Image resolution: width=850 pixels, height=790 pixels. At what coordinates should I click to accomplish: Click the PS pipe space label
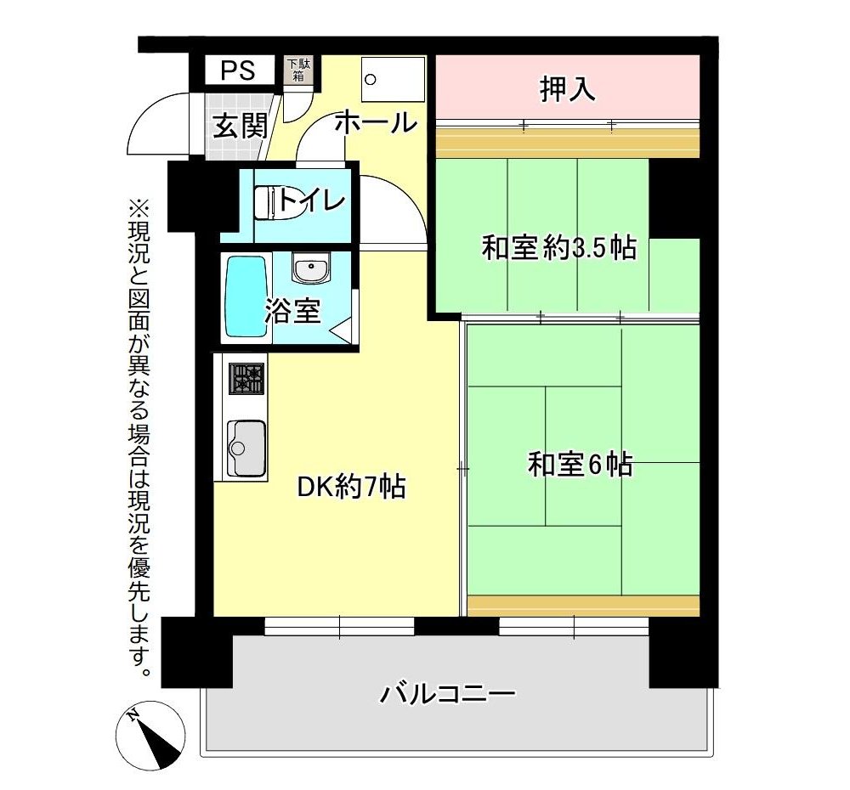[x=238, y=71]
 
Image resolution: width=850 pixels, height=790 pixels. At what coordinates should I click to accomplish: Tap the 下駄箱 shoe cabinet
[x=298, y=70]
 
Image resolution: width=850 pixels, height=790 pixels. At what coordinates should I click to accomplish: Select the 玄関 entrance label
[x=240, y=127]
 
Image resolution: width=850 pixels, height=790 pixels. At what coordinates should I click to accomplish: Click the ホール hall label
[x=377, y=122]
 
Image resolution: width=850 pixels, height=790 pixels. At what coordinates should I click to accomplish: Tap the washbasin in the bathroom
[x=310, y=267]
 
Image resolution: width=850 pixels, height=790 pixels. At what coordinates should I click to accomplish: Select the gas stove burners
[x=246, y=378]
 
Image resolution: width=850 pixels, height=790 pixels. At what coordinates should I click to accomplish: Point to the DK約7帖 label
[x=351, y=486]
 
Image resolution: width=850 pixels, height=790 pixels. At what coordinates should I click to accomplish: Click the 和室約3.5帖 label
[x=559, y=248]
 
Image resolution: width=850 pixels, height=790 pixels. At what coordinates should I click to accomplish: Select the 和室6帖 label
[x=580, y=465]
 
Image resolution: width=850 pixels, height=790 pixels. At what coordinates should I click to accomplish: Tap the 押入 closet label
[x=567, y=89]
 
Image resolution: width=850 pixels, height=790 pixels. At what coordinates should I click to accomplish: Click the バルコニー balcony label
[x=447, y=693]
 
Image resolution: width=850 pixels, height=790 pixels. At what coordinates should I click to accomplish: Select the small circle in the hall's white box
[x=371, y=80]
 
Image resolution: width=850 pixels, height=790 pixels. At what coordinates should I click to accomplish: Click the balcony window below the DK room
[x=339, y=626]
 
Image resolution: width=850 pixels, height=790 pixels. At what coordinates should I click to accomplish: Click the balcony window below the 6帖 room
[x=574, y=626]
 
